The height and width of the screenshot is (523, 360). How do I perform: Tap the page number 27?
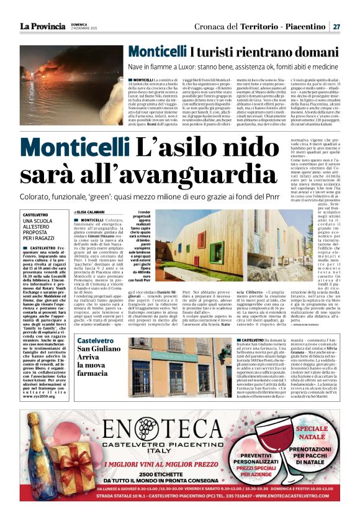pyautogui.click(x=335, y=27)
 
